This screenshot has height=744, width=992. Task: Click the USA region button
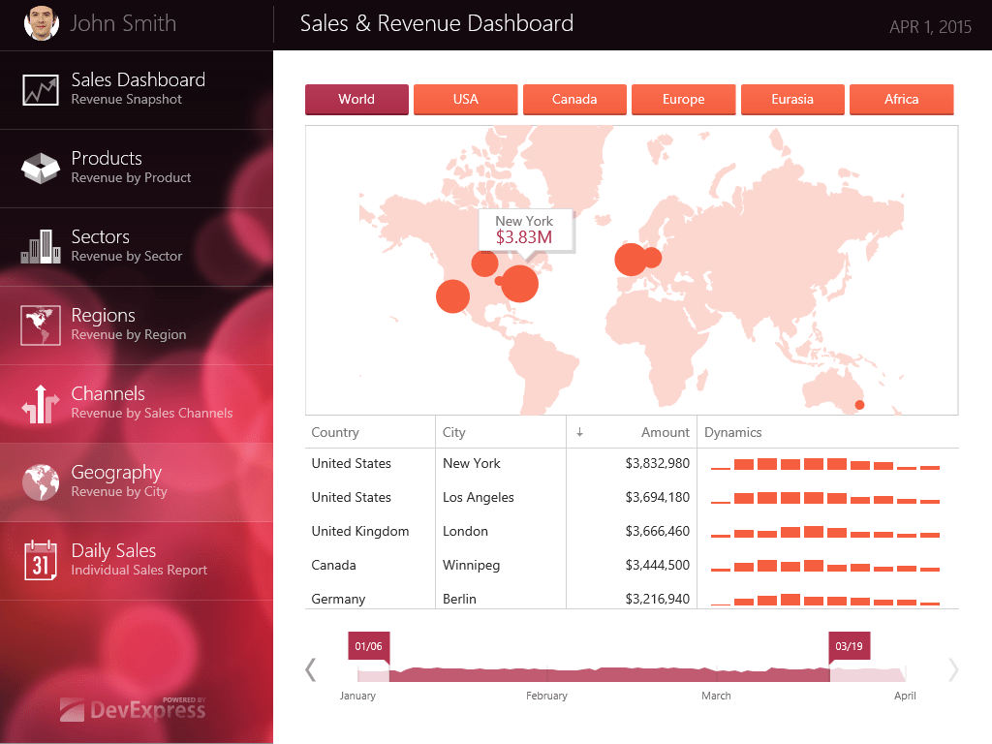tap(465, 100)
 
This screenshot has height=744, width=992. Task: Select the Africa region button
tap(901, 100)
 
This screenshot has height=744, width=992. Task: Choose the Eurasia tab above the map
tap(792, 100)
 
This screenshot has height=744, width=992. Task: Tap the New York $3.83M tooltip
tap(524, 230)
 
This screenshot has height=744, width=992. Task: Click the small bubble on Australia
tap(859, 404)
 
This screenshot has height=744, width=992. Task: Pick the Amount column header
tap(665, 433)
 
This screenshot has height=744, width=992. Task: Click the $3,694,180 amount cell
tap(657, 498)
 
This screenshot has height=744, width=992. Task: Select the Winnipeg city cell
tap(471, 566)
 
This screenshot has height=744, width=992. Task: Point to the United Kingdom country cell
tap(360, 532)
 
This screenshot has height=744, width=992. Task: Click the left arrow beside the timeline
tap(311, 669)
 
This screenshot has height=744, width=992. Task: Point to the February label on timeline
tap(546, 696)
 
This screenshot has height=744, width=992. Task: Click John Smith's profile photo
tap(41, 24)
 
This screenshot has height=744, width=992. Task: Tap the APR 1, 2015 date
tap(930, 27)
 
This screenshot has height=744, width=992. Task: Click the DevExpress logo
tap(134, 709)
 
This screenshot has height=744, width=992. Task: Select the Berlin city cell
tap(459, 600)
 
